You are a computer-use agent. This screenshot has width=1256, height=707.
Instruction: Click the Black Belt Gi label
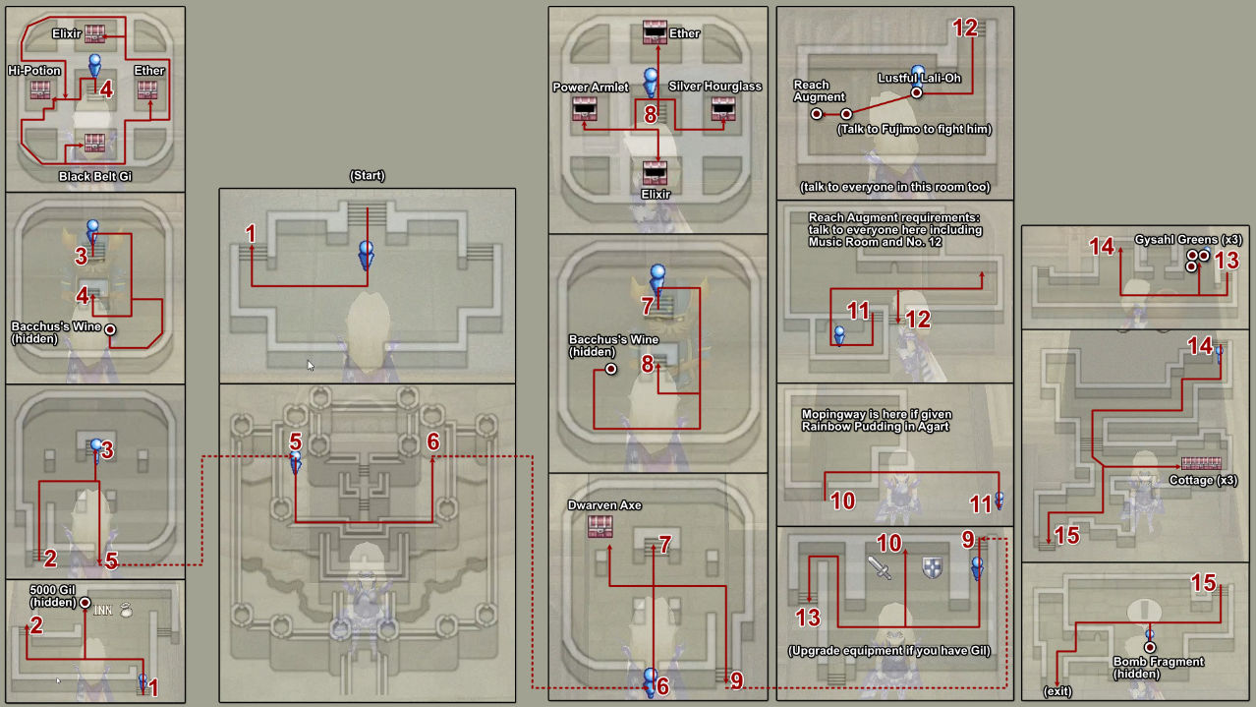tap(94, 176)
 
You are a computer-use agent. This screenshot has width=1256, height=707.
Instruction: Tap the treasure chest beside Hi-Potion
tap(40, 90)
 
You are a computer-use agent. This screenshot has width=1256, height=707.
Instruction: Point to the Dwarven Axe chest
tap(599, 526)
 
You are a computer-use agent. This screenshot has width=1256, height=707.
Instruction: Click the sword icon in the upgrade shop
tap(879, 567)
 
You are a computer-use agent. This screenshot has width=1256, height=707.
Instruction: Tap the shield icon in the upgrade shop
tap(932, 567)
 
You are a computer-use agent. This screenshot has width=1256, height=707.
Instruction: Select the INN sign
tap(103, 610)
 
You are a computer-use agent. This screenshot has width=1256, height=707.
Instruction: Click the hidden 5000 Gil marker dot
tap(86, 602)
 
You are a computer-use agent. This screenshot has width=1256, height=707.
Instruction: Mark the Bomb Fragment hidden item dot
tap(1149, 646)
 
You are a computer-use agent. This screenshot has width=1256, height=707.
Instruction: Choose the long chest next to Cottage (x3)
tap(1200, 463)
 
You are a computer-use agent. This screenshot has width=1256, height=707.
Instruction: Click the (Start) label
tap(367, 176)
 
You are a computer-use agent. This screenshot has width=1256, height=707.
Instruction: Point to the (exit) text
tap(1057, 692)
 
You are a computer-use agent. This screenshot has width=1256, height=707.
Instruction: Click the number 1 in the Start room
tap(251, 234)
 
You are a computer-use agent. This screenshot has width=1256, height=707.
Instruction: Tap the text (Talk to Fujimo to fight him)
tap(914, 129)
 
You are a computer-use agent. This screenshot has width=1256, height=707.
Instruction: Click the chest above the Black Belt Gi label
tap(94, 142)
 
